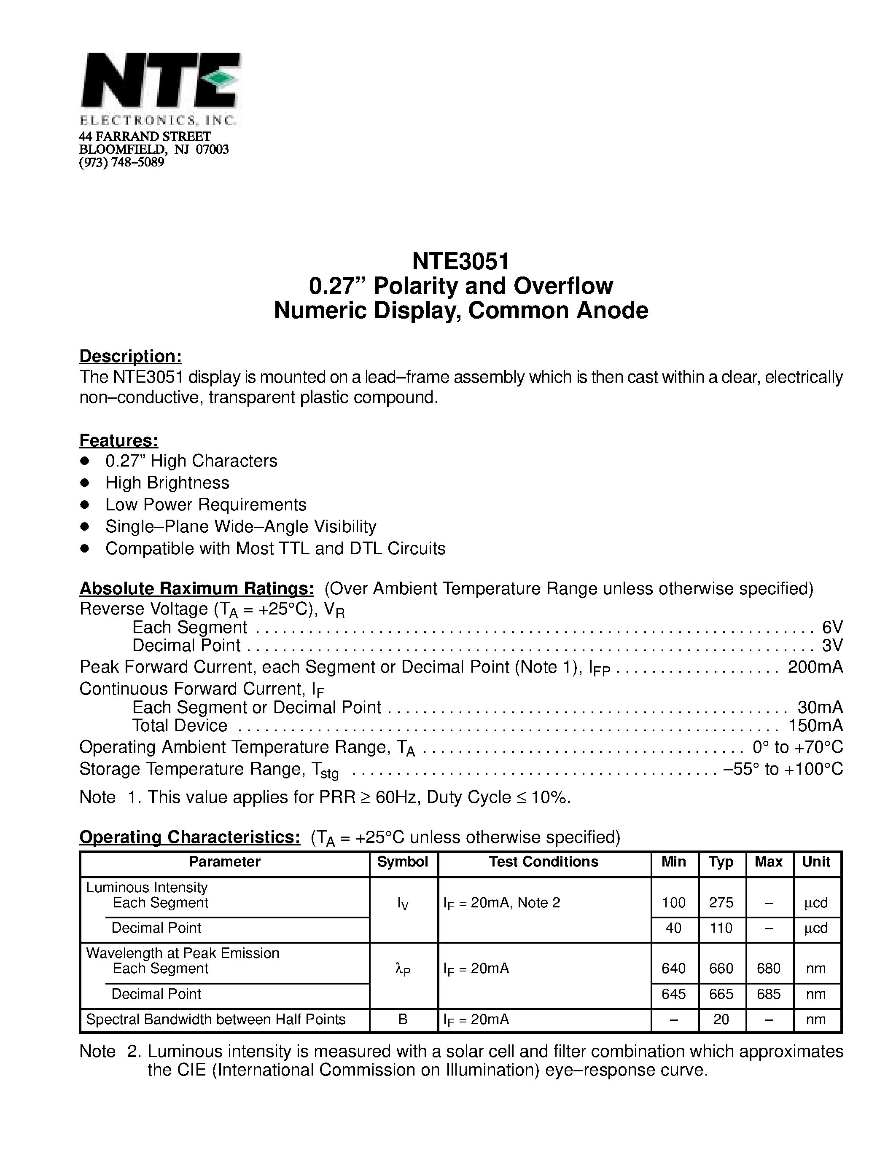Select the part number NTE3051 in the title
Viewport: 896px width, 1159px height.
pos(460,261)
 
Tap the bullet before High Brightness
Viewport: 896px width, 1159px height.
pos(84,483)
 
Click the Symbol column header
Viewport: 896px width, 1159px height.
pos(402,862)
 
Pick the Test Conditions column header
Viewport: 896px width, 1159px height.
pos(544,862)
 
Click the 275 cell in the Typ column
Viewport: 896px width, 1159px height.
pos(721,903)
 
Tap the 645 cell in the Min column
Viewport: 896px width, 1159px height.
pos(674,994)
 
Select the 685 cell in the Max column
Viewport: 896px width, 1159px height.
pos(768,994)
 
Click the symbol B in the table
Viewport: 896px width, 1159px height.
pos(403,1019)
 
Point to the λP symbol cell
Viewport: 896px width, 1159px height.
pos(403,969)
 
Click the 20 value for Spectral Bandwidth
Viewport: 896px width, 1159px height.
pos(721,1019)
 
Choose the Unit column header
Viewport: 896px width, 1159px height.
pos(816,862)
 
